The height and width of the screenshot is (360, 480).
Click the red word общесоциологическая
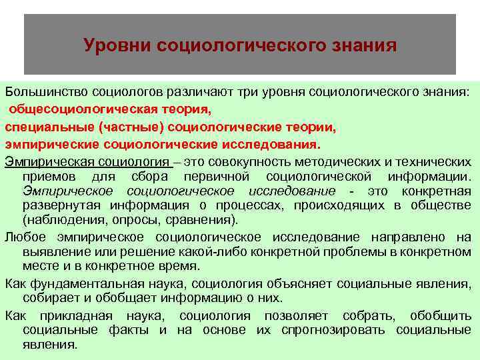(85, 108)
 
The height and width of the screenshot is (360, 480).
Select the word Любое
(22, 237)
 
